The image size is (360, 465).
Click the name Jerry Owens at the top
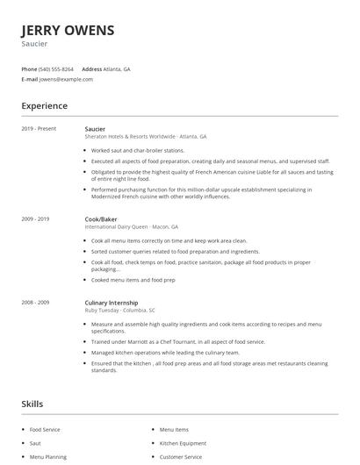click(68, 30)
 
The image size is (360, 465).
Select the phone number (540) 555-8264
click(57, 68)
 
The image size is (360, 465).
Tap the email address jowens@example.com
click(66, 79)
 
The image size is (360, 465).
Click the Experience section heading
click(44, 106)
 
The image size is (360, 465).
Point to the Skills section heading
click(32, 404)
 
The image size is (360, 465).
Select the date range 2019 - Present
click(39, 129)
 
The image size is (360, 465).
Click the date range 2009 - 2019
click(35, 218)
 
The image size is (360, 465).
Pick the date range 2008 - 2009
click(35, 302)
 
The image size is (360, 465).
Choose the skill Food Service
click(46, 430)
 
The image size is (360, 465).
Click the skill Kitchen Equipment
click(183, 443)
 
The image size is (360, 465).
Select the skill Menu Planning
click(47, 456)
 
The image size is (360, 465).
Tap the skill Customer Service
click(180, 456)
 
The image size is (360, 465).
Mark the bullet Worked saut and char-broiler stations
click(137, 150)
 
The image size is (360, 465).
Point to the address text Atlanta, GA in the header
click(118, 68)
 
